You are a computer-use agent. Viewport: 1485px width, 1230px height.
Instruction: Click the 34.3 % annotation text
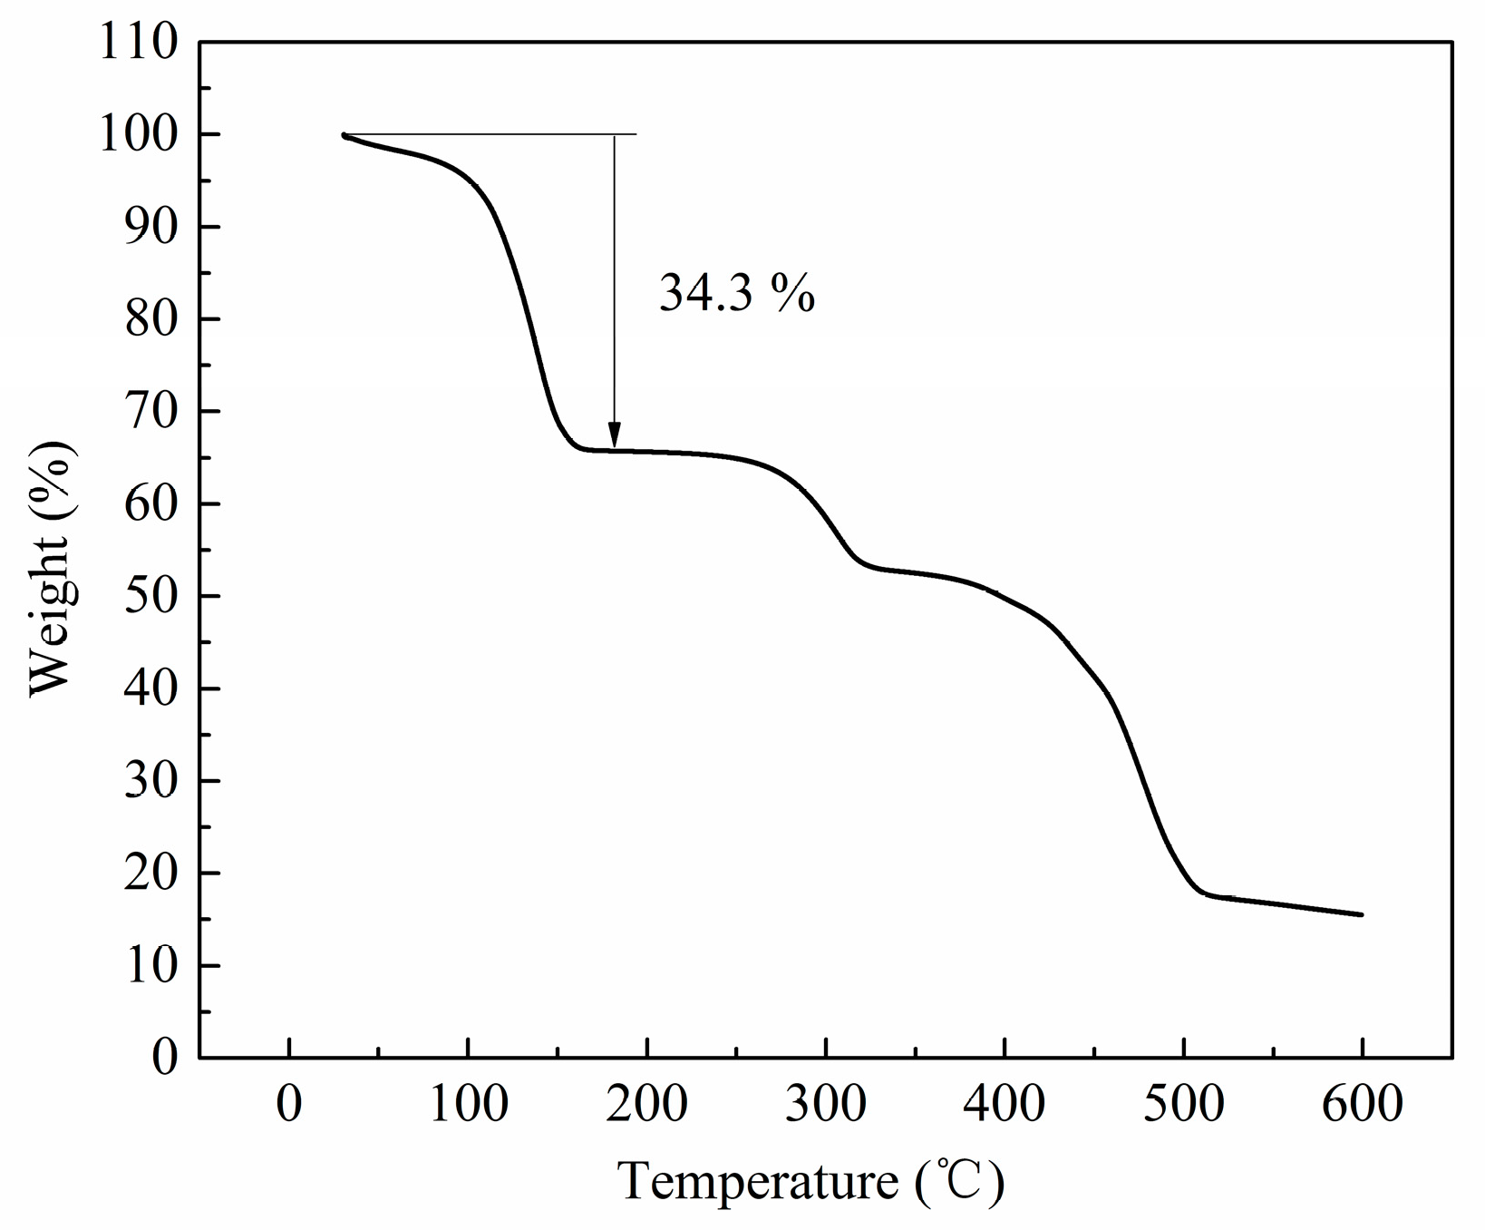[x=736, y=293]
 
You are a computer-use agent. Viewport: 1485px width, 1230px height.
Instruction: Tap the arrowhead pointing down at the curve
[x=614, y=436]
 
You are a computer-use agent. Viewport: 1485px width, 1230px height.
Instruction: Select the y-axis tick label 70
[x=150, y=411]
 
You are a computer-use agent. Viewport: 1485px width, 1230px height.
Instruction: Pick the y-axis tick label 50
[x=150, y=596]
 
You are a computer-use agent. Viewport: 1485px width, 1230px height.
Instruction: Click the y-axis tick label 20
[x=150, y=873]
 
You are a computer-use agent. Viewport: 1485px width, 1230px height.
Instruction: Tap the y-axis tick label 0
[x=165, y=1058]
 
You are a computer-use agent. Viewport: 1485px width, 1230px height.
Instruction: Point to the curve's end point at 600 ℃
[x=1362, y=914]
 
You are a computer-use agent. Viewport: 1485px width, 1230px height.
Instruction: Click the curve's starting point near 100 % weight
[x=345, y=135]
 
